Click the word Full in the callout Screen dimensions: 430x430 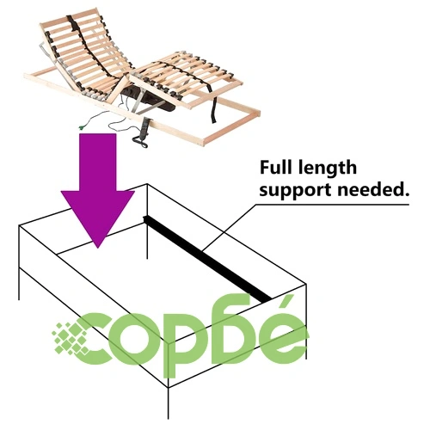pos(276,168)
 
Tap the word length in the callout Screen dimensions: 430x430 pos(327,169)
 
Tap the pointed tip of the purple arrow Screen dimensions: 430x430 pos(98,248)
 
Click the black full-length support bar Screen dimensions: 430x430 pos(207,259)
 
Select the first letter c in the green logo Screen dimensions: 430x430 pos(96,339)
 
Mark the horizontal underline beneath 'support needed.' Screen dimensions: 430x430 pos(332,205)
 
